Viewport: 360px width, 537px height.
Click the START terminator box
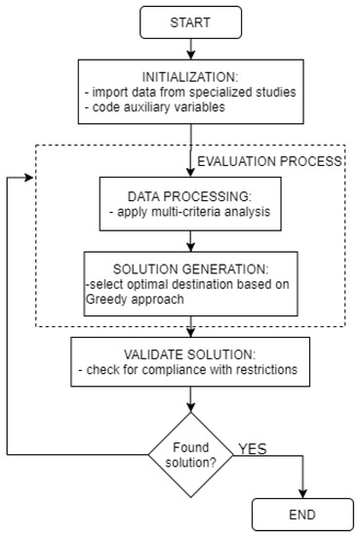click(x=189, y=21)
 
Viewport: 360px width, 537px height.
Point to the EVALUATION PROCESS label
click(x=267, y=159)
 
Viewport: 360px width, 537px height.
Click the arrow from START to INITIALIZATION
click(x=189, y=46)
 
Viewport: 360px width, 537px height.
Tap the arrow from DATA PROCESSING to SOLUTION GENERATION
click(x=189, y=237)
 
